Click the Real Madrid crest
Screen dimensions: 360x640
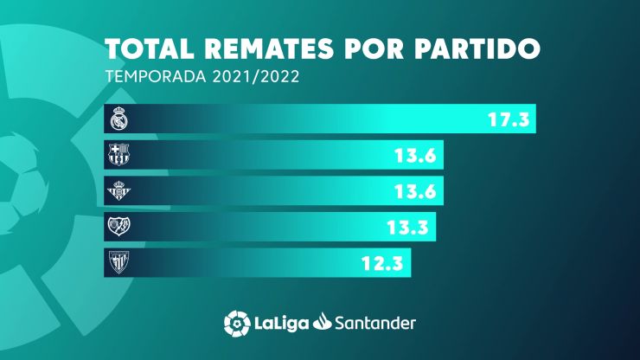[x=118, y=119]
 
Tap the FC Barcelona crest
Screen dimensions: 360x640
[x=118, y=156]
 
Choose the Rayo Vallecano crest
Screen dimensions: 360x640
[x=118, y=227]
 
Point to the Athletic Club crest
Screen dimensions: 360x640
[x=118, y=262]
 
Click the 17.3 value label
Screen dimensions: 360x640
[x=509, y=119]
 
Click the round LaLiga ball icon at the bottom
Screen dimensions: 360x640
[x=236, y=322]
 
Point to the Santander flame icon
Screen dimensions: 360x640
[x=324, y=322]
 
